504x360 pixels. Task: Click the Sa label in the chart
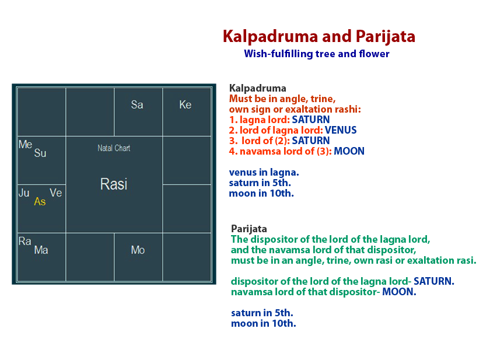pyautogui.click(x=137, y=105)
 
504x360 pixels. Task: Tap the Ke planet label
pyautogui.click(x=185, y=105)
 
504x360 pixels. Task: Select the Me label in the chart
pyautogui.click(x=25, y=145)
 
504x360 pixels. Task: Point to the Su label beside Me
pyautogui.click(x=40, y=153)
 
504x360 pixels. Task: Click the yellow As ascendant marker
pyautogui.click(x=40, y=202)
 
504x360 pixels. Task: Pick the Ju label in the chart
pyautogui.click(x=24, y=193)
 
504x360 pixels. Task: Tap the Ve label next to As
pyautogui.click(x=55, y=193)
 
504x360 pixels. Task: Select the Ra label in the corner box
pyautogui.click(x=25, y=242)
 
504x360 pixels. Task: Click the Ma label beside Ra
pyautogui.click(x=41, y=250)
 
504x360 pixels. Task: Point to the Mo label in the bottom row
pyautogui.click(x=138, y=250)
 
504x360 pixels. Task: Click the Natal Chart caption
pyautogui.click(x=114, y=148)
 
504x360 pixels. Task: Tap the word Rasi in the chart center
pyautogui.click(x=114, y=184)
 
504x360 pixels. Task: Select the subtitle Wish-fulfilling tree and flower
pyautogui.click(x=317, y=54)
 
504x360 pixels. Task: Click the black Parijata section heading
pyautogui.click(x=249, y=229)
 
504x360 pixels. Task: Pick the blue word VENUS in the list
pyautogui.click(x=341, y=130)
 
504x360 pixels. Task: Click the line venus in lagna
pyautogui.click(x=260, y=172)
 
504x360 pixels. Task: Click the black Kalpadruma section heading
pyautogui.click(x=258, y=89)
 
